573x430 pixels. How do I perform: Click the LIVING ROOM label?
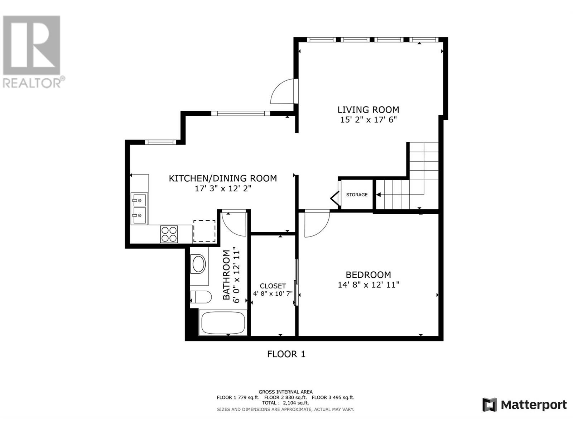(368, 110)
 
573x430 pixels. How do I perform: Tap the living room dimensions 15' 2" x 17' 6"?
(368, 120)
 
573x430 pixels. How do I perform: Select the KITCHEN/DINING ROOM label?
(223, 178)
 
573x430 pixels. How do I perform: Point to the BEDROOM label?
(368, 275)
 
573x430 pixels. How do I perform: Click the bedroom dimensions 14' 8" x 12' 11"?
(368, 285)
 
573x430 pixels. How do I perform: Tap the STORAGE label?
(357, 195)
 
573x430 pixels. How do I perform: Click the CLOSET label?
(273, 286)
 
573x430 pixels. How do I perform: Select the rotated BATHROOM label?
(226, 275)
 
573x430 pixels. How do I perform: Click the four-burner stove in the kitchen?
(169, 234)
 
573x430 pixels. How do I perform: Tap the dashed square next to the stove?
(204, 231)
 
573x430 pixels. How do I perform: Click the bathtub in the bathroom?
(223, 323)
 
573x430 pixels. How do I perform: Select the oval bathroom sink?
(199, 264)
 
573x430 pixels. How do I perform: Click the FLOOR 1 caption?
(286, 354)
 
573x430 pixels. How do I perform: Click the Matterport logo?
(524, 405)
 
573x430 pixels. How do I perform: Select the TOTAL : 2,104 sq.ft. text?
(285, 403)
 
